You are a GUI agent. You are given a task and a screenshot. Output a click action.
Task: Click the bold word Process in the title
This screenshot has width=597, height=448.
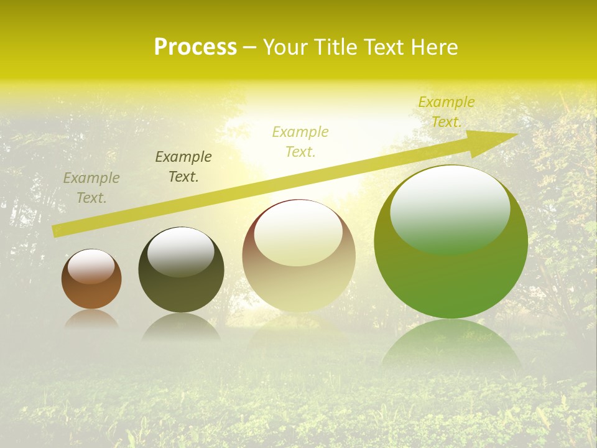pos(195,47)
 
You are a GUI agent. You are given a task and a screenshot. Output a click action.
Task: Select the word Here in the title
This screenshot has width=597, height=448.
pos(435,47)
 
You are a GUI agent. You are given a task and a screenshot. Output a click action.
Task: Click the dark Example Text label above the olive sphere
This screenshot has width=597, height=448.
pos(183,167)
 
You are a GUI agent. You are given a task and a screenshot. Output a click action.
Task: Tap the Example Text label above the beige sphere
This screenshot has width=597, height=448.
pos(300,141)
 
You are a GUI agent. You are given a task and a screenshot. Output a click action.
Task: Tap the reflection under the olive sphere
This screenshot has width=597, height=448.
pos(181,327)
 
